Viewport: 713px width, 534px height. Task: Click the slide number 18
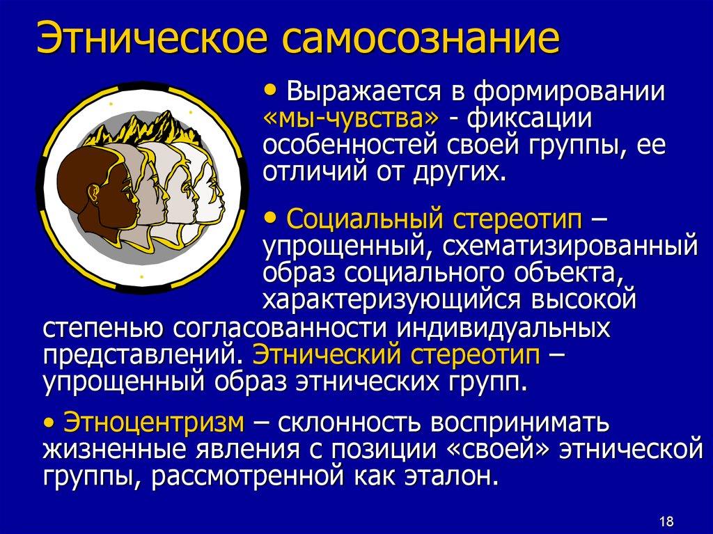[665, 521]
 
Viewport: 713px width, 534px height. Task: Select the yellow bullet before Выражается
[272, 91]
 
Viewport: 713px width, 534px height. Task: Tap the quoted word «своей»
[496, 449]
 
